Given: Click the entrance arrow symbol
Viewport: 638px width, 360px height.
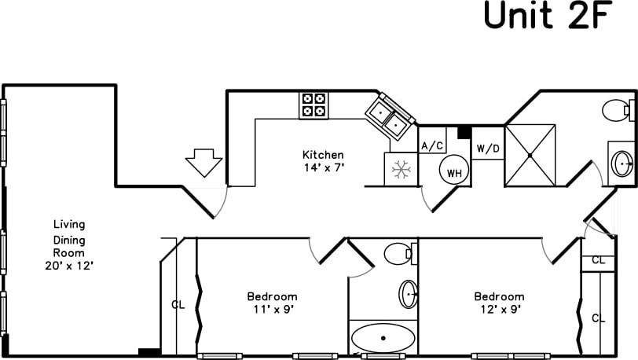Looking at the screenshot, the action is coord(203,163).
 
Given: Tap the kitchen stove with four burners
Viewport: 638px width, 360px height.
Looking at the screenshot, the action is coord(314,105).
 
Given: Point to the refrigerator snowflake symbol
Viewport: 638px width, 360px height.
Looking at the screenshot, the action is coord(401,168).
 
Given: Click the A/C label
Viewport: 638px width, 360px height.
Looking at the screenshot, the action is coord(432,146).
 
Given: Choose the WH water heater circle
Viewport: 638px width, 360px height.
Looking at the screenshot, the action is coord(453,171).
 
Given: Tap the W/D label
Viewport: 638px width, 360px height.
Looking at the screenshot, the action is coord(488,148).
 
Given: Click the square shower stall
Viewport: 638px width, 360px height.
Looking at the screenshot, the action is coord(530,155).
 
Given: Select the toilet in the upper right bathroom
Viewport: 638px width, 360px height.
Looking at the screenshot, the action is coord(618,109).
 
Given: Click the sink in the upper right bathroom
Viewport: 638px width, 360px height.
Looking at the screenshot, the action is coord(622,164).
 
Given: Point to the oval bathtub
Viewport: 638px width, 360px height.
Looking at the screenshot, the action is coord(383,339).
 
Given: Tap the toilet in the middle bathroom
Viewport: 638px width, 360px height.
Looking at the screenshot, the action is coord(398,253).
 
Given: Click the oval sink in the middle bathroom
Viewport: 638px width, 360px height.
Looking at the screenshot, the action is coord(409,294).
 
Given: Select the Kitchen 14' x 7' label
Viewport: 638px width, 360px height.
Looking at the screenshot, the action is coord(324,160).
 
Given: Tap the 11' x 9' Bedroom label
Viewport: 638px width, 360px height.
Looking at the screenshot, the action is coord(272,303).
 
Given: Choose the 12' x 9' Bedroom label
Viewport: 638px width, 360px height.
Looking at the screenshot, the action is coord(498,303).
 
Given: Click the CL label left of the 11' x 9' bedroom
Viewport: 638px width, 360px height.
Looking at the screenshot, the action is coord(178,305).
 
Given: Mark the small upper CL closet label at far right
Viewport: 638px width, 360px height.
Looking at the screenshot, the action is coord(599,260).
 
